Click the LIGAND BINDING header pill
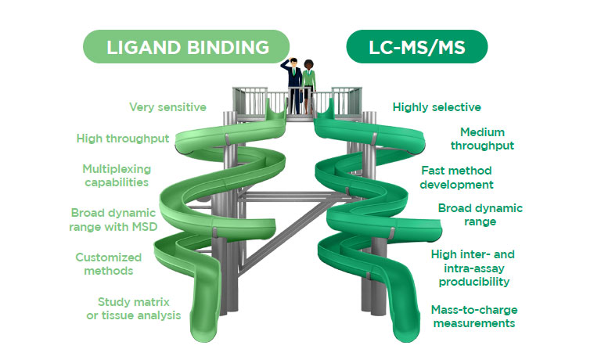[x=186, y=46]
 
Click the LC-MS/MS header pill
[x=417, y=46]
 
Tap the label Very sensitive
[x=168, y=107]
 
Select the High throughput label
[x=123, y=139]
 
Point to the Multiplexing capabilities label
[x=117, y=175]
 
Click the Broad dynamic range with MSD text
[x=113, y=220]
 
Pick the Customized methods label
[x=109, y=264]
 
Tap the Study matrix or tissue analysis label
[x=134, y=308]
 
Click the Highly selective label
[x=437, y=107]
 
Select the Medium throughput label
[x=482, y=139]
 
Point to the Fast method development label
[x=456, y=178]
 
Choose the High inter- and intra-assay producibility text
[x=473, y=268]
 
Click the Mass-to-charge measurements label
[x=474, y=316]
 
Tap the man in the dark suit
[x=293, y=85]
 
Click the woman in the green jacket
[x=308, y=86]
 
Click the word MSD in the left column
[x=145, y=227]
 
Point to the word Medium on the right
[x=482, y=132]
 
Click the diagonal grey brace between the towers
[x=283, y=235]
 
